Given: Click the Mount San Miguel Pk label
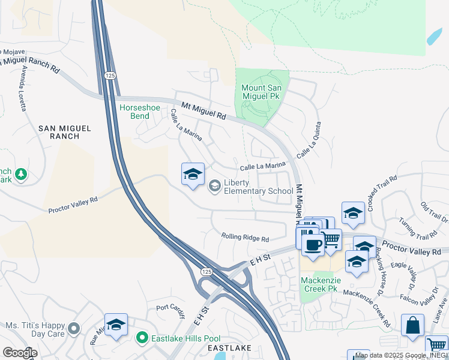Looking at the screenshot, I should tap(261, 92).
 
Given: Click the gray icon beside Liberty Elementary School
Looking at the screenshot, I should tap(214, 187).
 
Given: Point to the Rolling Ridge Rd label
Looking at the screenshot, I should tap(245, 238).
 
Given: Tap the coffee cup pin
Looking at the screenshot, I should tap(312, 244).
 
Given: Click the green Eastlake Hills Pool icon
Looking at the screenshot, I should tap(142, 338).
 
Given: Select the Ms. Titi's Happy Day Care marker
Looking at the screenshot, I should tap(74, 328).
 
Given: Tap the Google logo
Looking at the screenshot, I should tap(19, 353).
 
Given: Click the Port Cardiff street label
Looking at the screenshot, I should tap(171, 308).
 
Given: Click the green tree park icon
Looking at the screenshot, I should tap(21, 174).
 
